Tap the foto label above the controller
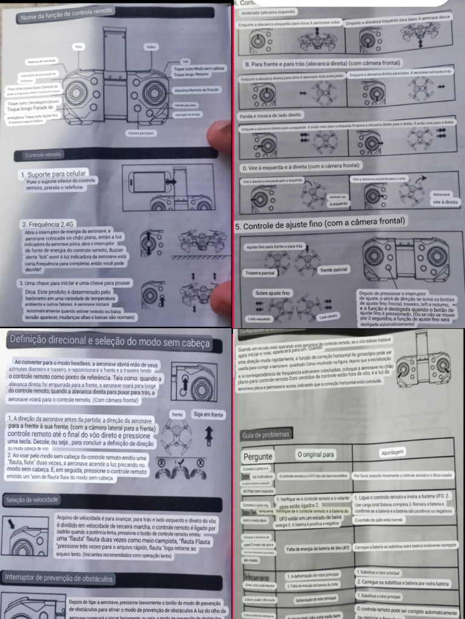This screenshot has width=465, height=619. (x=78, y=47)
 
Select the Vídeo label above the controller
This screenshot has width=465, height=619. (x=151, y=47)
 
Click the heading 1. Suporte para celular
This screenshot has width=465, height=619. (x=53, y=175)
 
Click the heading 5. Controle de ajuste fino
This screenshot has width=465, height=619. (x=319, y=224)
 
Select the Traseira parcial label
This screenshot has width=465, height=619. (x=260, y=273)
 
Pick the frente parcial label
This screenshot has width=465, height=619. (x=333, y=269)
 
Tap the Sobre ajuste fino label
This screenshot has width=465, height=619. (x=273, y=293)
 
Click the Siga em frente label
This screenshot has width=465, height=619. (x=208, y=415)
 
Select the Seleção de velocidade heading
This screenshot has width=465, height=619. (x=32, y=500)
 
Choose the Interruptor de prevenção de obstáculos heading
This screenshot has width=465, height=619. (x=57, y=578)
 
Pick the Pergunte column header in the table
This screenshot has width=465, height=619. (x=258, y=456)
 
